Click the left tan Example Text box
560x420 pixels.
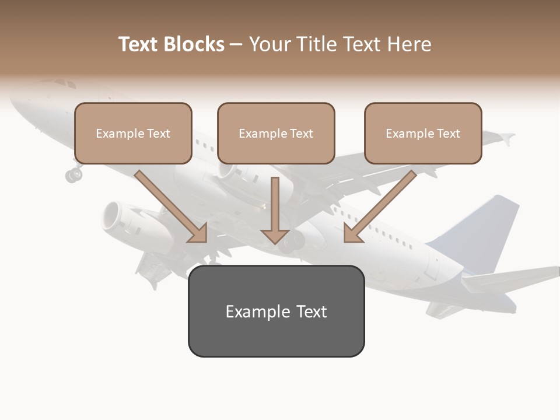coord(133,134)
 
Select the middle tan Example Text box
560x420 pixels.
coord(276,134)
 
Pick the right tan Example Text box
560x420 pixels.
coord(423,134)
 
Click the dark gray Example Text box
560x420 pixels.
coord(276,311)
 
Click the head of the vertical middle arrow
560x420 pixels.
coord(275,236)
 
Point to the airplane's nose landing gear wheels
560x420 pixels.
coord(73,173)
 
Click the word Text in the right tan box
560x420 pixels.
coord(449,134)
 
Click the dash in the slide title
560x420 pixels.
coord(236,44)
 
